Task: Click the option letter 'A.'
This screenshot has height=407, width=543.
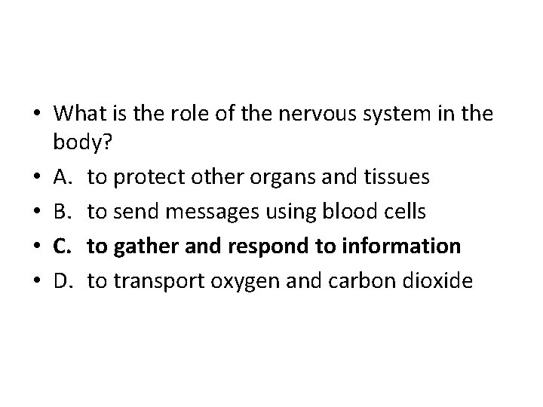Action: tap(63, 177)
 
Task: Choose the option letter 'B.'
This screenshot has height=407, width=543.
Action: tap(63, 212)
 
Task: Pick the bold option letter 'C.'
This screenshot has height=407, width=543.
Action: tap(63, 246)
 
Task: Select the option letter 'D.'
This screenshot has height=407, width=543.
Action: tap(64, 281)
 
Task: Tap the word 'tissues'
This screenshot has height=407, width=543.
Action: tap(403, 177)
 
